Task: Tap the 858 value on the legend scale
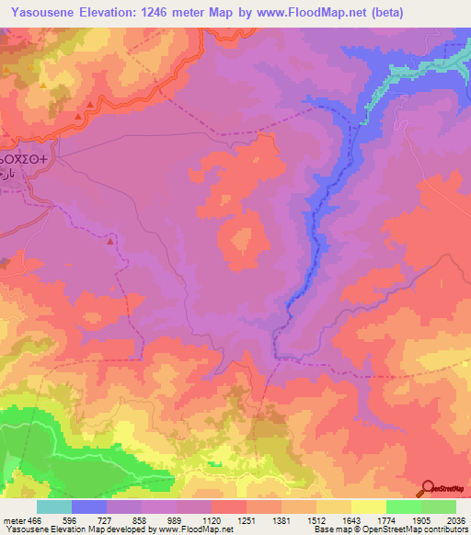point(142,520)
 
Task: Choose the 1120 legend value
point(211,520)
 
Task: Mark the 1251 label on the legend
point(246,520)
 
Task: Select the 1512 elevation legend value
point(316,520)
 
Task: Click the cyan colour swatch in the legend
point(54,507)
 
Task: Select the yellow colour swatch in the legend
point(368,507)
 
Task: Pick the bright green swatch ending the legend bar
point(438,507)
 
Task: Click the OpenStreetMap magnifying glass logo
point(427,489)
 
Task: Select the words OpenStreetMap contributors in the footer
point(422,530)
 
